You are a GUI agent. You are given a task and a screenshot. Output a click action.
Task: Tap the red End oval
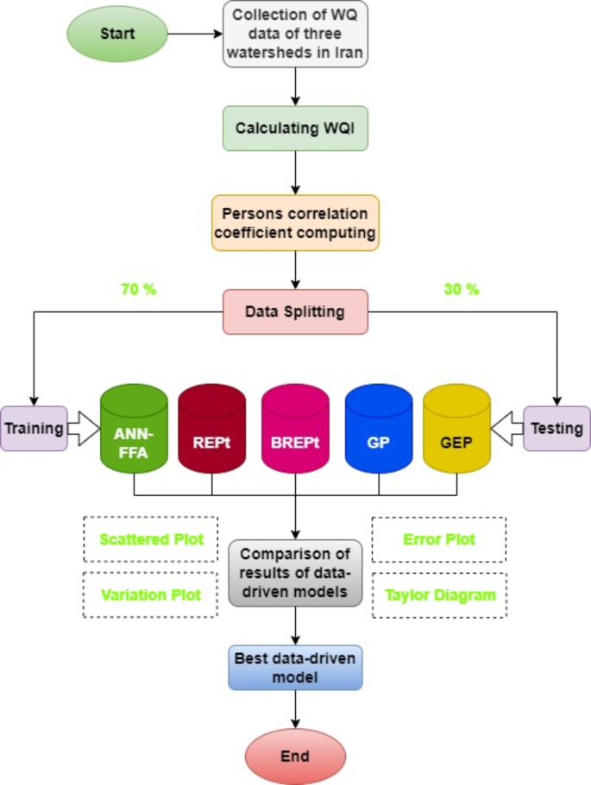coord(295,757)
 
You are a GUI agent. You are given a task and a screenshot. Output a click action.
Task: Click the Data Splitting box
coord(296,311)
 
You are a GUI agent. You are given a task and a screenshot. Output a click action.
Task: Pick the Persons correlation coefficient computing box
coord(296,223)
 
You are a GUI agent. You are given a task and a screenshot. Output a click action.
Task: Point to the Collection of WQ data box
coord(296,35)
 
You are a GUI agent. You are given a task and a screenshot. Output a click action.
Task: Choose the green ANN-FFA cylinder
coord(134,431)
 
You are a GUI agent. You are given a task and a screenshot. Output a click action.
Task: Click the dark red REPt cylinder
coord(212,431)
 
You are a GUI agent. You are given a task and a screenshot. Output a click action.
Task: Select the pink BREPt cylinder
coord(295,431)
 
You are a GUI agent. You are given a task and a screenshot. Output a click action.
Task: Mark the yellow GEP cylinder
coord(457,431)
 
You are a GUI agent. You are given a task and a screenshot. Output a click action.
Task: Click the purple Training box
coord(33,428)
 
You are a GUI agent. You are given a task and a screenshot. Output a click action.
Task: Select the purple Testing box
coord(556,428)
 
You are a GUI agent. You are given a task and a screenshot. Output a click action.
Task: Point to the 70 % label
coord(139,290)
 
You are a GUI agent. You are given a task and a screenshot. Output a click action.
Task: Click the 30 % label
coord(461,290)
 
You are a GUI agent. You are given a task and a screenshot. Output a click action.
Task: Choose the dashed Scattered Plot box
coord(151,540)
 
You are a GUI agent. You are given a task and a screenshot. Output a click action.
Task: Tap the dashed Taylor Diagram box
coord(440,594)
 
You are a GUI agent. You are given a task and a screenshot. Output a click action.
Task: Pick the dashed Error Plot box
coord(440,540)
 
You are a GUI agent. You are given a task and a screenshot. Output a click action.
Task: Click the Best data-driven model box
coord(296,667)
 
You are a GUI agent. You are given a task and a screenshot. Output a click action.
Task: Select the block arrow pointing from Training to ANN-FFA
coord(83,428)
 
